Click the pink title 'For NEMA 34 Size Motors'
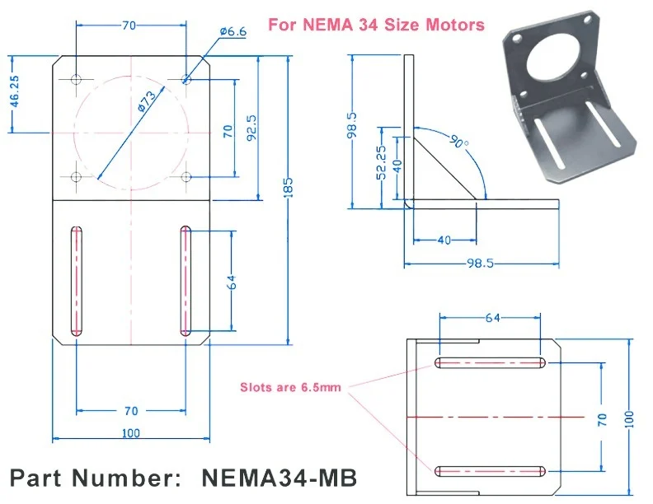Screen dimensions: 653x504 (x=376, y=25)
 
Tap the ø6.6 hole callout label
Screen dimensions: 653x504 (x=233, y=31)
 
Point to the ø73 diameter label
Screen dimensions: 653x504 (x=147, y=101)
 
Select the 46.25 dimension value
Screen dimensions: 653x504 (x=15, y=91)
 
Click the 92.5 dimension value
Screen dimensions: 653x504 (x=251, y=128)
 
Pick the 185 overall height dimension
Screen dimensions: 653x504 (x=289, y=187)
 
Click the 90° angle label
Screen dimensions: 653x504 (x=459, y=142)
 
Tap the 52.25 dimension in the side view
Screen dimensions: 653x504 (x=381, y=162)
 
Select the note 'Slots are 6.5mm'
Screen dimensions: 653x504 (x=290, y=388)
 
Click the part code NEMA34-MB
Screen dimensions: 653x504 (x=280, y=478)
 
